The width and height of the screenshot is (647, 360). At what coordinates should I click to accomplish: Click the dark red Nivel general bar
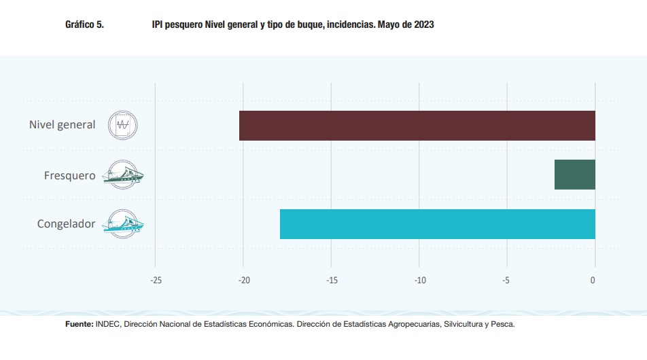[417, 126]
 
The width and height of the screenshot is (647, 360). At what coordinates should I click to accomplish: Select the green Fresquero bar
[574, 175]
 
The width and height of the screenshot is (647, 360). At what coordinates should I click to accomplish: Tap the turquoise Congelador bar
[437, 224]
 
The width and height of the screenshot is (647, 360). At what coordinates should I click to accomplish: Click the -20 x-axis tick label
[243, 280]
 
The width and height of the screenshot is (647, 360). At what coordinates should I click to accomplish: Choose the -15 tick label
[331, 280]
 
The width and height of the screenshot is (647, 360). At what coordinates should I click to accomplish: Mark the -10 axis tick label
[419, 280]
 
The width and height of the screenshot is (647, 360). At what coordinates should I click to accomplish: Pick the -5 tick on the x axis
[507, 280]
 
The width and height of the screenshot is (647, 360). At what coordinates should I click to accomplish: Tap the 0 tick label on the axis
[593, 280]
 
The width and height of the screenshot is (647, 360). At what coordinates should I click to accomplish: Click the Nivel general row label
[62, 125]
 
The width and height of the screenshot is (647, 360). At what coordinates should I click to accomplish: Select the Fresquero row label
[69, 175]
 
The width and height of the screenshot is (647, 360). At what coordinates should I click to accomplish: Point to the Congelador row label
[66, 223]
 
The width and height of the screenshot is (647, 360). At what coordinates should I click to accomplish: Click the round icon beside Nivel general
[123, 125]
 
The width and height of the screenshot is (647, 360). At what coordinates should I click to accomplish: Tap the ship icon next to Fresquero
[122, 175]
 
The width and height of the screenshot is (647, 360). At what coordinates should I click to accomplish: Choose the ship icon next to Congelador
[122, 223]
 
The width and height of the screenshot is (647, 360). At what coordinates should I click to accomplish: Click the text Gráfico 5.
[84, 24]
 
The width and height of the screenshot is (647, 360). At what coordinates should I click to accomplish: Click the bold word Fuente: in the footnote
[80, 325]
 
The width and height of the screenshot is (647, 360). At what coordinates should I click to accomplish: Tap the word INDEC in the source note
[108, 325]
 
